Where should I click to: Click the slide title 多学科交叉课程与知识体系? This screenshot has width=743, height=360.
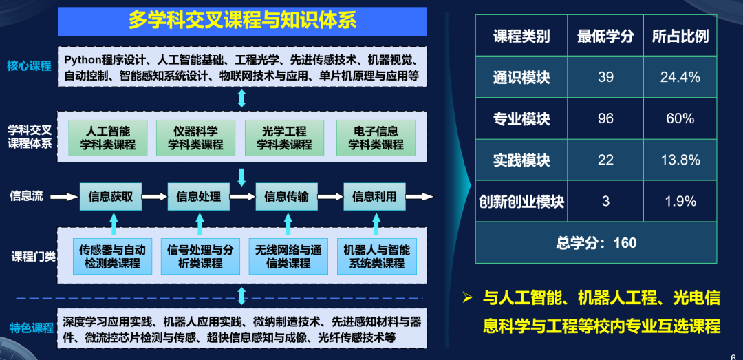tap(242, 20)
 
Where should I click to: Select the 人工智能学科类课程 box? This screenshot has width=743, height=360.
tap(108, 138)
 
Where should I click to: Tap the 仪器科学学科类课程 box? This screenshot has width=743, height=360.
tap(196, 138)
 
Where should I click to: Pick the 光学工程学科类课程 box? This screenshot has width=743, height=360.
tap(284, 138)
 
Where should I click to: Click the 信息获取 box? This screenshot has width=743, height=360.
tap(115, 196)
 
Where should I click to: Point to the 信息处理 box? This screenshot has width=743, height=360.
tap(199, 196)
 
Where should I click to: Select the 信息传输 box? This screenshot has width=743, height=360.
tap(286, 196)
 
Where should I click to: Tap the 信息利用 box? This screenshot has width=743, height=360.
tap(374, 196)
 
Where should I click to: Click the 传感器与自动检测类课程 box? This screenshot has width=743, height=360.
tap(112, 256)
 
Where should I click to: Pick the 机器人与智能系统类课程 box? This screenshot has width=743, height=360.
tap(376, 256)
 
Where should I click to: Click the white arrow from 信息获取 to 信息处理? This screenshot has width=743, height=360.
tap(158, 197)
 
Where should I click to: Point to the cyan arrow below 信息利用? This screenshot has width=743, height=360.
tap(376, 224)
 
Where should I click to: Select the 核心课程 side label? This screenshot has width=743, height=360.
tap(29, 66)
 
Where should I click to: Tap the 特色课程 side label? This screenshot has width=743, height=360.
tap(32, 328)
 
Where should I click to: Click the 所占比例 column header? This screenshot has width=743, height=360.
tap(680, 36)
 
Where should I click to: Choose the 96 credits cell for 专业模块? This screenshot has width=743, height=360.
tap(605, 118)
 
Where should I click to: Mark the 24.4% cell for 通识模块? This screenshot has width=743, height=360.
tap(680, 77)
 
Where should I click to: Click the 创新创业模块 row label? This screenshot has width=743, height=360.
tap(521, 202)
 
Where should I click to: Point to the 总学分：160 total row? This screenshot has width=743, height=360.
tap(596, 242)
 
